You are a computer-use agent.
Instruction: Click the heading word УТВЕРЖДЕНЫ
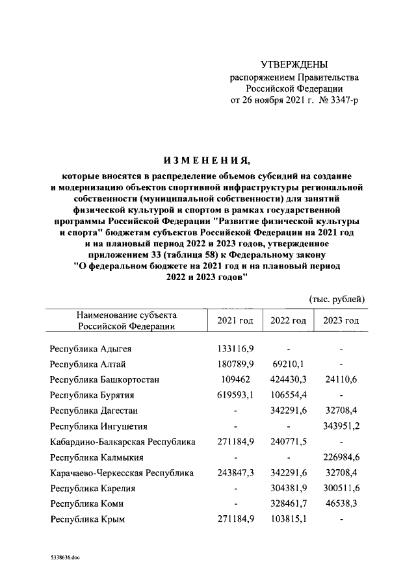click(294, 65)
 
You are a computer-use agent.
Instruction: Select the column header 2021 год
click(235, 321)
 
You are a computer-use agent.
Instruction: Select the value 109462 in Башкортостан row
click(235, 380)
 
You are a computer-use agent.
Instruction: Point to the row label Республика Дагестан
click(94, 411)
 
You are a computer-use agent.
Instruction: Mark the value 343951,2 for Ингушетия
click(341, 427)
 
